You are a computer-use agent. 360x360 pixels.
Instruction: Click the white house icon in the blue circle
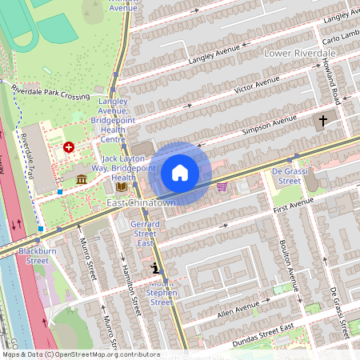click(x=180, y=173)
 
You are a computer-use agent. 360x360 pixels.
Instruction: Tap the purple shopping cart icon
click(x=222, y=186)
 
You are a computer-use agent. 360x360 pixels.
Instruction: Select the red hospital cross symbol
click(x=69, y=148)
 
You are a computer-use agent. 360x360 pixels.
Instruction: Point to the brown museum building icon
click(x=82, y=179)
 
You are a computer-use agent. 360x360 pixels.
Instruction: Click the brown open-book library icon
click(x=121, y=187)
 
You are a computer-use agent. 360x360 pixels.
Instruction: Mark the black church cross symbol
click(x=323, y=121)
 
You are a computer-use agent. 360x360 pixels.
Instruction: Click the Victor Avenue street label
click(x=257, y=83)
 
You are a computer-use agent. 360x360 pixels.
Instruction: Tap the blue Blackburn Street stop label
click(x=38, y=255)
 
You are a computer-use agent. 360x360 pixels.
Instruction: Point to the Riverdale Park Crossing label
click(x=50, y=93)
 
